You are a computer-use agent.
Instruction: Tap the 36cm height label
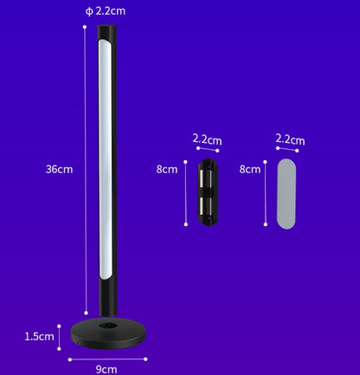(x=59, y=170)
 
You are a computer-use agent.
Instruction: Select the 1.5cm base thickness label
(x=40, y=336)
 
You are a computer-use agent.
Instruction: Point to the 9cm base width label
(x=106, y=369)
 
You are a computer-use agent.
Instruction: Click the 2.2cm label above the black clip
(x=207, y=139)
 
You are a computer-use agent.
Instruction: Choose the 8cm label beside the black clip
(x=167, y=170)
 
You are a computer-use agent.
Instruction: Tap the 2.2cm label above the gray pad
(x=290, y=139)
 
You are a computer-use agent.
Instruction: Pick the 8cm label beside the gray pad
(x=250, y=170)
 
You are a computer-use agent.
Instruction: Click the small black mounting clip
(x=207, y=192)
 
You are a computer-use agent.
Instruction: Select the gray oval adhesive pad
(x=290, y=192)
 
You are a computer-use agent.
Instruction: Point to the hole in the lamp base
(x=106, y=327)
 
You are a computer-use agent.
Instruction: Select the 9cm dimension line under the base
(x=106, y=356)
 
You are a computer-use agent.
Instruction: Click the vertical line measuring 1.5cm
(x=59, y=336)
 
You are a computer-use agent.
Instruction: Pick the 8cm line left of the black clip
(x=185, y=192)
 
